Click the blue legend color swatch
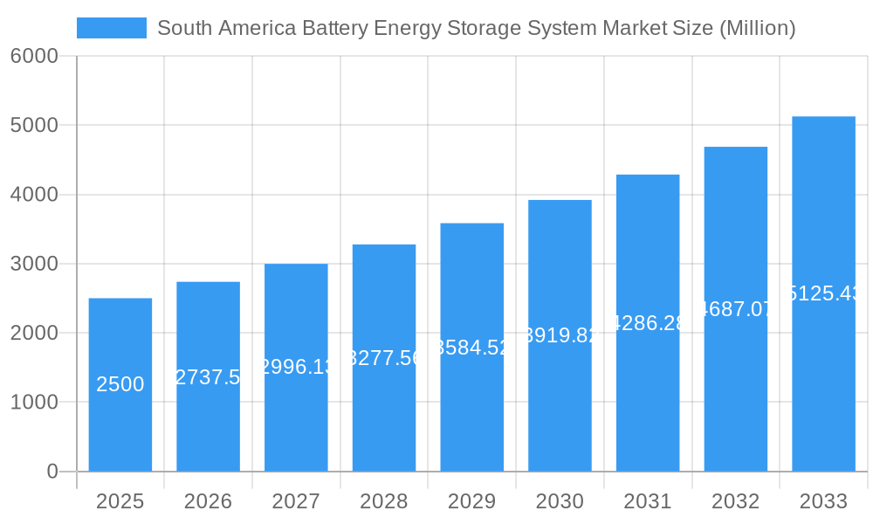tap(112, 28)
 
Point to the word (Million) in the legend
tap(757, 28)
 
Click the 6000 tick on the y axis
tap(34, 56)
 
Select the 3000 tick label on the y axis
tap(34, 264)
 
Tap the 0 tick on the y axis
tap(52, 472)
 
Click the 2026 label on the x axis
tap(208, 501)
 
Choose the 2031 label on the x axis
tap(648, 501)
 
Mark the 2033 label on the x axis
tap(823, 501)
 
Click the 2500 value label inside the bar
tap(120, 384)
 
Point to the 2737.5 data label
tap(208, 376)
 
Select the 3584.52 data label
tap(471, 347)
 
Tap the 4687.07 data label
tap(736, 308)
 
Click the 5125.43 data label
tap(823, 293)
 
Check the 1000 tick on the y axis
tap(34, 403)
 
